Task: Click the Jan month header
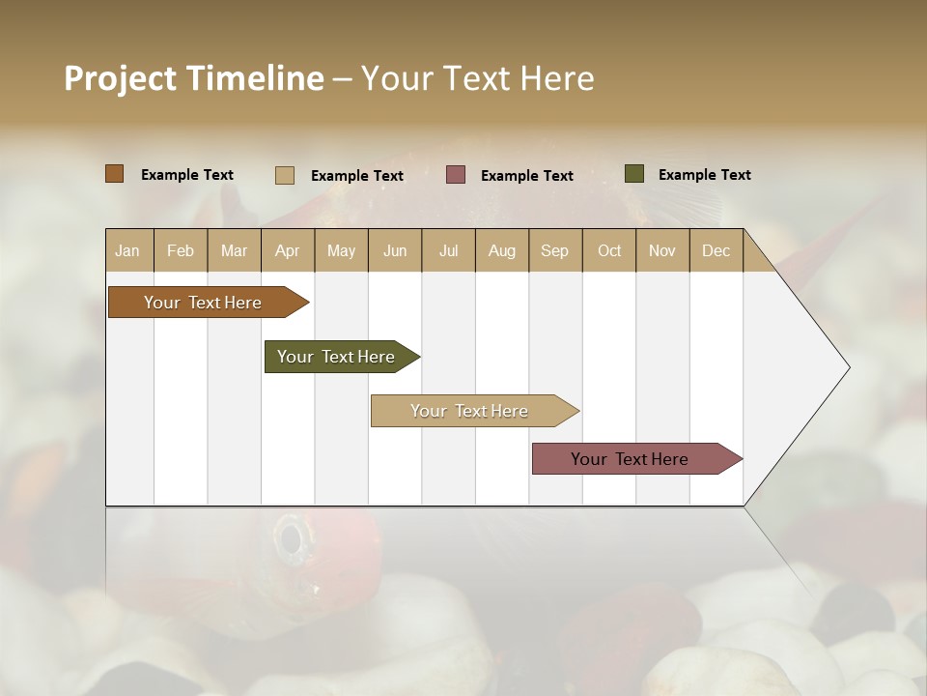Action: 127,250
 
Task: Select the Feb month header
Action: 181,250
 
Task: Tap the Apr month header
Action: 287,250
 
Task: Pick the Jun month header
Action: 395,250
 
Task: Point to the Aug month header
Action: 501,250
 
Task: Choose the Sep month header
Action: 554,250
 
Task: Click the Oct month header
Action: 609,250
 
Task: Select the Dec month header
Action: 716,250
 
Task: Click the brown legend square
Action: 115,174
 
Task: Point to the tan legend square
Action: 285,175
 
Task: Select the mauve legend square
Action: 456,175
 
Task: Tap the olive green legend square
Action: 634,174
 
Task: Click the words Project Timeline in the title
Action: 193,78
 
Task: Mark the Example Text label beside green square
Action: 704,175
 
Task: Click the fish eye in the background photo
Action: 290,535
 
